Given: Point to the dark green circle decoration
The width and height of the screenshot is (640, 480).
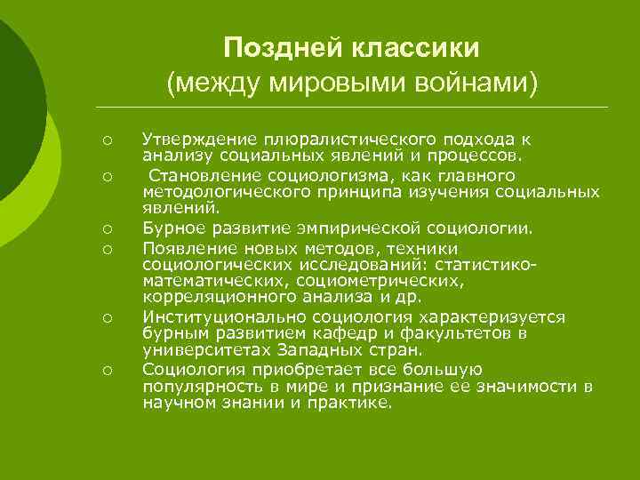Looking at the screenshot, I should click(x=13, y=107).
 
